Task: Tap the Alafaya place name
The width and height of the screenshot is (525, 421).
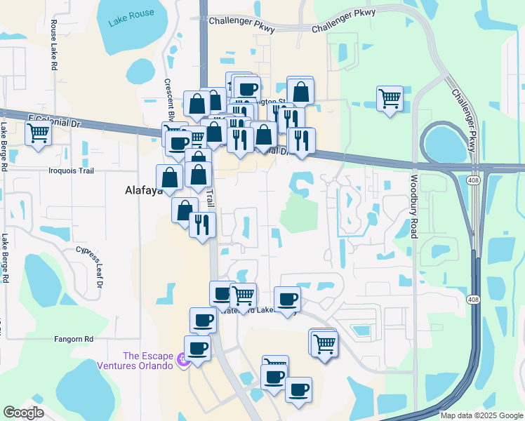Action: tap(143, 190)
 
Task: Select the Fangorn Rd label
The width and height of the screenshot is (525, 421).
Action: tap(74, 339)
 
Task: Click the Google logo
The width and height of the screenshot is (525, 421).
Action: tap(23, 413)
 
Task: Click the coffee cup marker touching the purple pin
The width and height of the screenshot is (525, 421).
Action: tap(197, 347)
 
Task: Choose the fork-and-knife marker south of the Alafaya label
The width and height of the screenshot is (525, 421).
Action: tap(202, 225)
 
